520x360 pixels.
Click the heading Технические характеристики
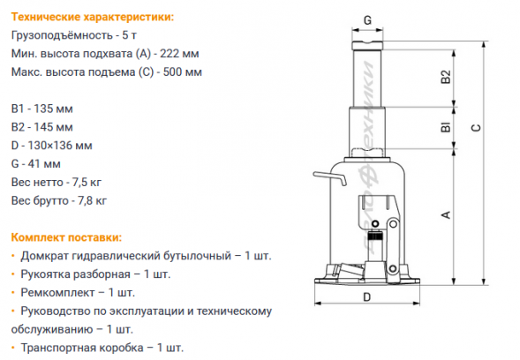click(x=93, y=17)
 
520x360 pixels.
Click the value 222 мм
click(x=179, y=53)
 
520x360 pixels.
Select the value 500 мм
click(x=183, y=72)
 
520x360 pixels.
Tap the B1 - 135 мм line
click(x=42, y=109)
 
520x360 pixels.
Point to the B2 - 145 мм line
click(x=42, y=127)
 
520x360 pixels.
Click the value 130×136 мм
click(x=60, y=146)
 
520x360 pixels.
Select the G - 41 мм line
click(x=36, y=164)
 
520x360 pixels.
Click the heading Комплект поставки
click(x=67, y=237)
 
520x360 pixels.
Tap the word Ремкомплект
click(x=57, y=293)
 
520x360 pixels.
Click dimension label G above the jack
click(x=367, y=20)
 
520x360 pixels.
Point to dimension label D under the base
click(x=366, y=297)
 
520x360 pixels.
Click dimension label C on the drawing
click(x=476, y=128)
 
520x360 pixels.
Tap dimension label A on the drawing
click(x=447, y=214)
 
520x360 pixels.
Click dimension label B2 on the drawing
click(x=447, y=77)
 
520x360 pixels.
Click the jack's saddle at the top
click(x=367, y=45)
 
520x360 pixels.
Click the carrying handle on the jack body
click(x=329, y=178)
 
